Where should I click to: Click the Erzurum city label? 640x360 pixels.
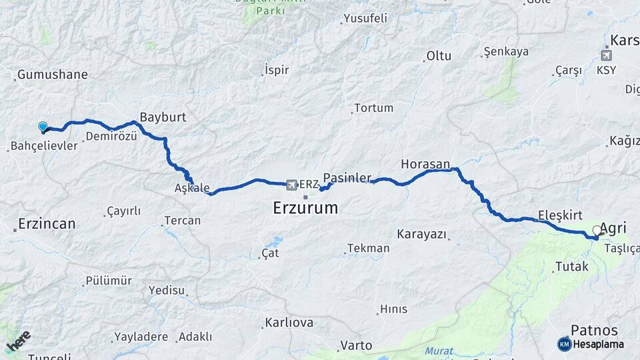(x=305, y=208)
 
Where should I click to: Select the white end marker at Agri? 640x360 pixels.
(x=597, y=231)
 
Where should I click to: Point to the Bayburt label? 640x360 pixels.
(x=163, y=117)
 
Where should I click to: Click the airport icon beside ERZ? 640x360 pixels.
(x=291, y=184)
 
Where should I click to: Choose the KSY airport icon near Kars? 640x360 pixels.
(x=606, y=55)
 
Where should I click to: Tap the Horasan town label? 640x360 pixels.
(x=425, y=163)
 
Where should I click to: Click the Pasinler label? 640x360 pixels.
(x=347, y=178)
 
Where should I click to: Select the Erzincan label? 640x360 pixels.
(x=47, y=223)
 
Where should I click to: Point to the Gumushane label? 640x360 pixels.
(x=53, y=75)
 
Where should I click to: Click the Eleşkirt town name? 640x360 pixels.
(x=561, y=215)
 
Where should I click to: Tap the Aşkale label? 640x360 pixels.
(x=192, y=188)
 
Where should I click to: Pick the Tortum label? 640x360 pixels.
(x=373, y=108)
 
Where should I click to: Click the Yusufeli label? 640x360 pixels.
(x=363, y=19)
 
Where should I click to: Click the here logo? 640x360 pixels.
(x=18, y=341)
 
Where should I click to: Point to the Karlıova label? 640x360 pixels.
(x=289, y=323)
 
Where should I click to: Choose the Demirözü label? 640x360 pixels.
(x=111, y=137)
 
